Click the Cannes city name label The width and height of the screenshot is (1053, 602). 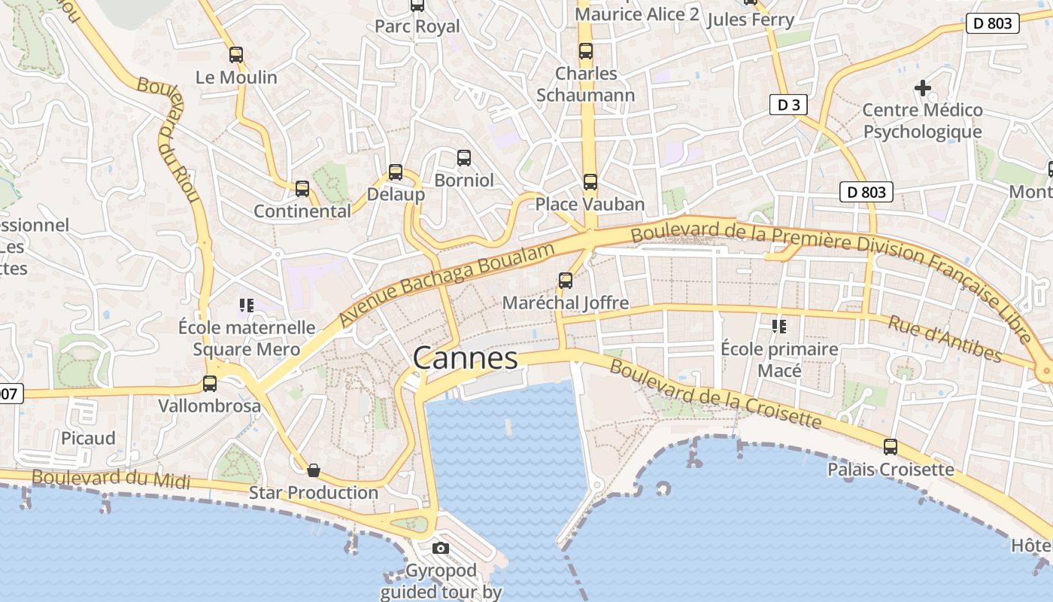(x=466, y=358)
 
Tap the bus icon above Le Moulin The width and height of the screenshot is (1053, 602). (x=236, y=54)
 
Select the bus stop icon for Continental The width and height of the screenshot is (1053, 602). (x=302, y=189)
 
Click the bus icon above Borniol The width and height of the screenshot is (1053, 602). (x=464, y=158)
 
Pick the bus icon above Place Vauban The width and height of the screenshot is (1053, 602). (x=590, y=181)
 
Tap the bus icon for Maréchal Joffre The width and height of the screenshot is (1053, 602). (x=566, y=281)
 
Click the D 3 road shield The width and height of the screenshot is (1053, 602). (x=788, y=105)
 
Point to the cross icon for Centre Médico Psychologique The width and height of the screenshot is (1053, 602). (x=923, y=88)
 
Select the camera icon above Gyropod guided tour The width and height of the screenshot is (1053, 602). (x=441, y=548)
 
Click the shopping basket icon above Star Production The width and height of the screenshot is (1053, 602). (x=314, y=470)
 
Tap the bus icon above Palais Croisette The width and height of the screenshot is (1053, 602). (x=891, y=447)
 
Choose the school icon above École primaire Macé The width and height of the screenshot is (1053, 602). (x=779, y=327)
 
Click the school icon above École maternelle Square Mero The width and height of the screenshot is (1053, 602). (x=246, y=305)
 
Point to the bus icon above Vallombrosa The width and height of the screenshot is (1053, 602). (x=210, y=384)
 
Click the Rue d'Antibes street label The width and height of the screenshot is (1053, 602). (x=945, y=339)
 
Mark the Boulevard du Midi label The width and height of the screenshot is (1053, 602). (x=111, y=479)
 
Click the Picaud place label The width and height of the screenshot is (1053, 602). (x=88, y=438)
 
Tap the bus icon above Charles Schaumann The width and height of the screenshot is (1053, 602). (x=586, y=51)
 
